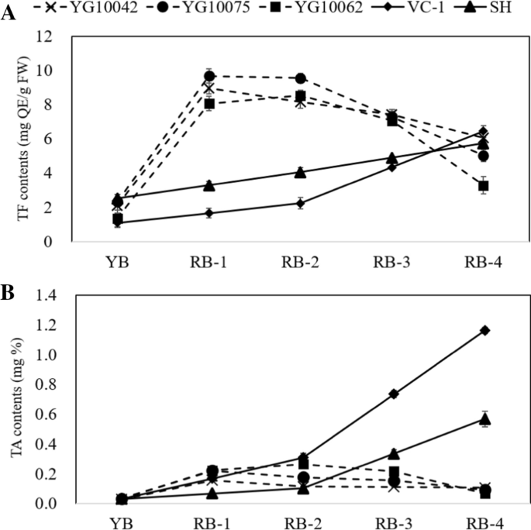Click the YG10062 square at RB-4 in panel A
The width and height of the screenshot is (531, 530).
484,186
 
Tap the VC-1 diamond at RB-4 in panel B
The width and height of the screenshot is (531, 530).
484,330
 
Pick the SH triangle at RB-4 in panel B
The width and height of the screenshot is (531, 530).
484,419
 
